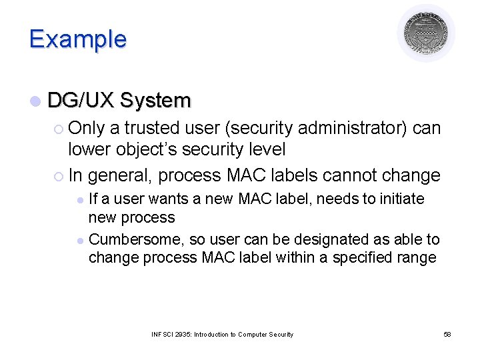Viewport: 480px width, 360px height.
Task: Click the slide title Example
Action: pos(77,39)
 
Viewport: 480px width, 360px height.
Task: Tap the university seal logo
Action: pos(426,33)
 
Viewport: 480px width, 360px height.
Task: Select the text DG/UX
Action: pos(81,101)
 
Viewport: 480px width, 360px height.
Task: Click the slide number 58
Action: pos(447,334)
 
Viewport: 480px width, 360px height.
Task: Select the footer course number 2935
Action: pos(183,334)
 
